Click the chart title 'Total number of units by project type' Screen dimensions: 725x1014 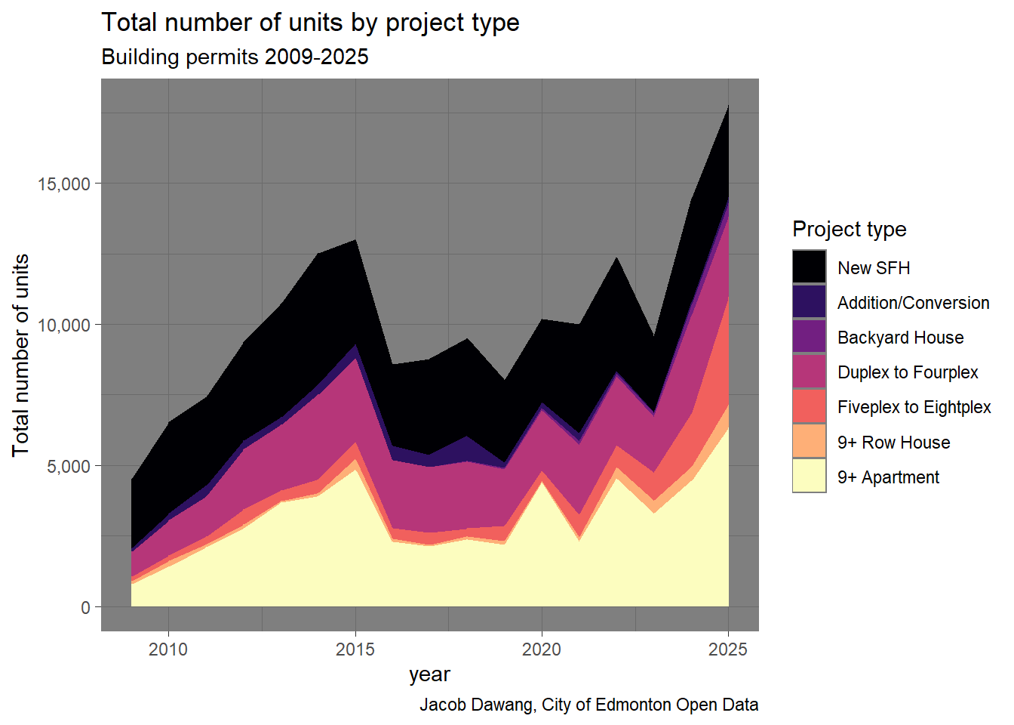310,23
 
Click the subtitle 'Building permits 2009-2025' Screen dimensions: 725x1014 235,57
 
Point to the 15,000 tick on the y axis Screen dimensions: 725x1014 63,184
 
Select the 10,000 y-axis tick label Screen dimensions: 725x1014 63,325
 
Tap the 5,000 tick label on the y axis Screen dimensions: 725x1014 68,467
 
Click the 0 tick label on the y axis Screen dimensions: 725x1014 85,608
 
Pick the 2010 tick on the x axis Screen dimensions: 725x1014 168,649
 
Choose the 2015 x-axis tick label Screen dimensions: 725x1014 355,649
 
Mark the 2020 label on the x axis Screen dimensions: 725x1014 542,649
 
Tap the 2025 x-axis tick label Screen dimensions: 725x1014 728,649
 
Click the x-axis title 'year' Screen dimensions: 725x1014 429,674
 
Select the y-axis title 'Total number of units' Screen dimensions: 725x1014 21,355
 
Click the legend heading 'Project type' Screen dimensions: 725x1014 849,229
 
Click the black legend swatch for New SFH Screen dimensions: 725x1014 810,267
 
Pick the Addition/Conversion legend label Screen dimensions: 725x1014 913,303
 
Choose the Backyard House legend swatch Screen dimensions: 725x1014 810,337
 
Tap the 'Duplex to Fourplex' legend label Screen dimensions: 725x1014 908,372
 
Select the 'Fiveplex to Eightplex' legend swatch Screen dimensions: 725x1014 810,406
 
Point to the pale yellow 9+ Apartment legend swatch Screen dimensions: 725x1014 810,477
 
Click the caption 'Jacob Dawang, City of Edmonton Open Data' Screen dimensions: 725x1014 588,705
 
